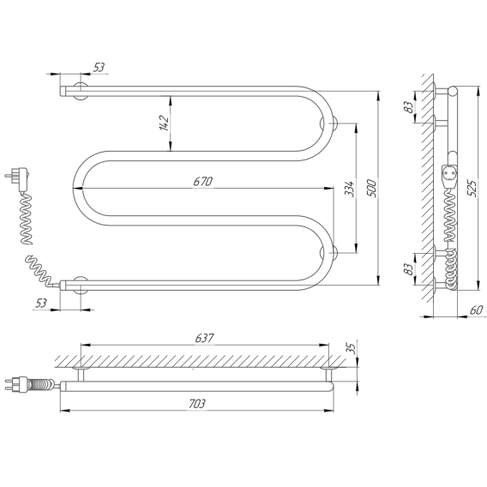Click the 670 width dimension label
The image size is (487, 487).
click(x=203, y=182)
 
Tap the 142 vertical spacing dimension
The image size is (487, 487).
click(x=165, y=123)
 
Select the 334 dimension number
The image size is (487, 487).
click(x=350, y=189)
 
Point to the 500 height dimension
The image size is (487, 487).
click(x=371, y=188)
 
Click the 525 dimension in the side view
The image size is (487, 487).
click(x=472, y=188)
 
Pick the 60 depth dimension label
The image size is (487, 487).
click(x=477, y=310)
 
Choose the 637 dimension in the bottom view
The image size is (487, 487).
click(x=204, y=338)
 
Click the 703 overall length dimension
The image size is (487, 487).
click(x=197, y=404)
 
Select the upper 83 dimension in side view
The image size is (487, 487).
click(x=410, y=107)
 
